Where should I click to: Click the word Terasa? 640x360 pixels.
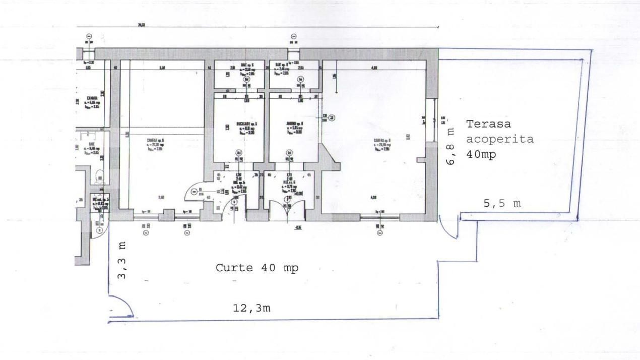click(488, 124)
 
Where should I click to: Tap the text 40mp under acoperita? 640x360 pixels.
click(481, 155)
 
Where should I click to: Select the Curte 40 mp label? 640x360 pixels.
click(257, 268)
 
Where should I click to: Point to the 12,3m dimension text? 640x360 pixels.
click(251, 308)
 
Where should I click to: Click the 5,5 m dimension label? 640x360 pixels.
click(502, 204)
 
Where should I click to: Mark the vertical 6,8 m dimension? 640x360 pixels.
click(451, 146)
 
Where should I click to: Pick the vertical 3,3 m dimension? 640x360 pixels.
click(121, 260)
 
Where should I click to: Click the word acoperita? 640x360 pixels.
click(499, 139)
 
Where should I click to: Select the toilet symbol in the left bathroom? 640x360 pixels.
click(100, 175)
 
